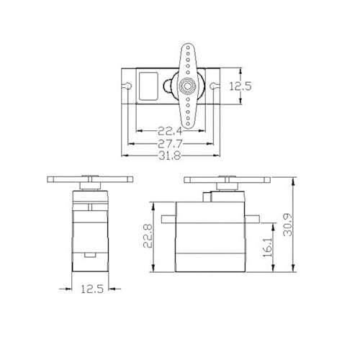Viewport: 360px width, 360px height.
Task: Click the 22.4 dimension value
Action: point(170,131)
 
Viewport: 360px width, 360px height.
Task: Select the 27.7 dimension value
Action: point(170,144)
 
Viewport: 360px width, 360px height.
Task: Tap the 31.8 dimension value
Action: point(170,156)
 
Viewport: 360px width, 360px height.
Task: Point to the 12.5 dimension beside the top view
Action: point(240,86)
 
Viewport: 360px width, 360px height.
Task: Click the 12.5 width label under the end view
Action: point(92,289)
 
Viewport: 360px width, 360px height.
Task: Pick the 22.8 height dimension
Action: point(148,236)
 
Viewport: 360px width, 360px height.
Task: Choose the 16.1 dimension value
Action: point(267,248)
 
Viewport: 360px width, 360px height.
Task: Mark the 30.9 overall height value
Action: point(287,225)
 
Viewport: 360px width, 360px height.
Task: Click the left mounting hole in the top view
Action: point(129,86)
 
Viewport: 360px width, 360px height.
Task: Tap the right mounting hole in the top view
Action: point(212,86)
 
